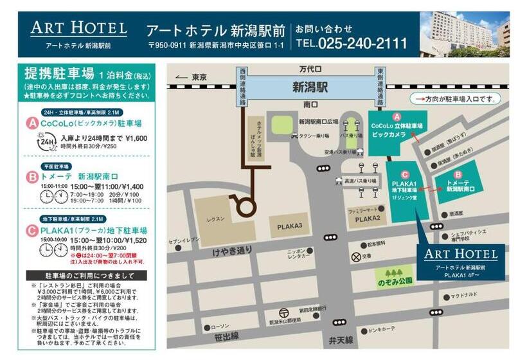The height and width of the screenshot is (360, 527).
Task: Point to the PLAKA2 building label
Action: click(368, 219)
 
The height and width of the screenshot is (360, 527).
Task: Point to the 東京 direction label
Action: click(199, 77)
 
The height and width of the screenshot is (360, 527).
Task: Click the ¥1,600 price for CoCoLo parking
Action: click(136, 138)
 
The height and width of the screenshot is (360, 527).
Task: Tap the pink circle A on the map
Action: click(397, 116)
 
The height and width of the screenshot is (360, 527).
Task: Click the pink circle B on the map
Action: click(458, 174)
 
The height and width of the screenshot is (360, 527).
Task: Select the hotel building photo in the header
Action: click(465, 34)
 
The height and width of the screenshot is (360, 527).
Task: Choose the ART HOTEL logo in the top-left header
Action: click(78, 28)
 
